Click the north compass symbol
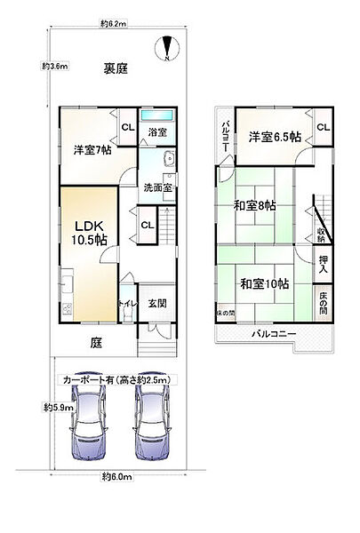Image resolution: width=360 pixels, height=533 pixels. (x=166, y=46)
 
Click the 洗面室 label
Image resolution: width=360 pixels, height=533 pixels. (x=157, y=187)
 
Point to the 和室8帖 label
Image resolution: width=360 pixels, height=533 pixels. (x=256, y=205)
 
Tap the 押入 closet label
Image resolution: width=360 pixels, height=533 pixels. (x=324, y=263)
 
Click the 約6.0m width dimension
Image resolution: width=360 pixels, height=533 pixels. (x=117, y=478)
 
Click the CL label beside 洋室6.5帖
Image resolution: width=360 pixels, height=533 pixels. (x=323, y=127)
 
